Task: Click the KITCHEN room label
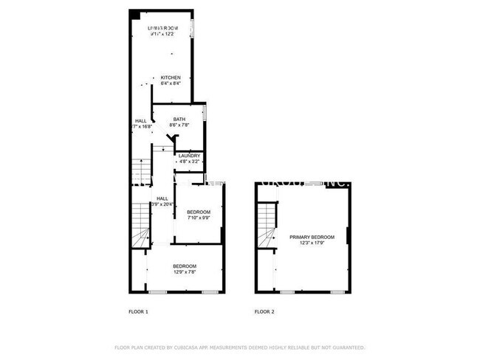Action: pos(171,77)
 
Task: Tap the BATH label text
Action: pos(179,120)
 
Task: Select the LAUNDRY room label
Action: pos(189,156)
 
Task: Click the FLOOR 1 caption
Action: pos(138,312)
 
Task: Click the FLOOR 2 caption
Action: pos(264,312)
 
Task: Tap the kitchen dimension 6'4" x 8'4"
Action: pos(171,83)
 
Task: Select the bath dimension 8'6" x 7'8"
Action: pos(179,125)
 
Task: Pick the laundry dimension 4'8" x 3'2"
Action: pos(189,162)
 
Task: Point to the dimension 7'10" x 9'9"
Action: pos(197,218)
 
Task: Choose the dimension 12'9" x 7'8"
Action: pos(185,271)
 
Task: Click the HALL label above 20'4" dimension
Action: pos(162,198)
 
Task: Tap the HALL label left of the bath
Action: pos(140,121)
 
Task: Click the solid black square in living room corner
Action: pos(135,15)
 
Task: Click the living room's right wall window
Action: pos(193,27)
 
